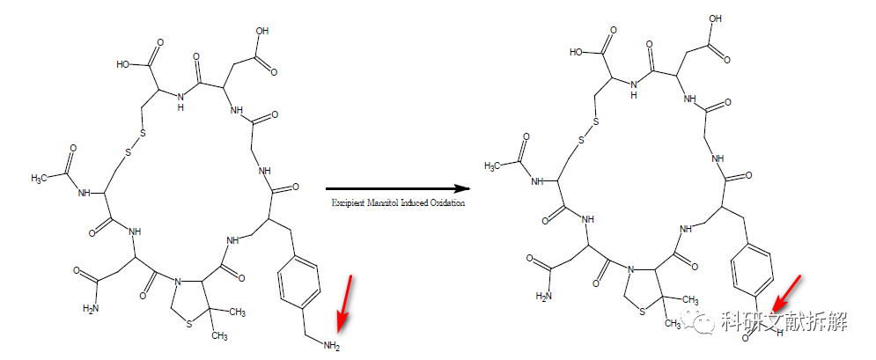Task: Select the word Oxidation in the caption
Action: click(444, 202)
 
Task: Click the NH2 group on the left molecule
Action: click(331, 346)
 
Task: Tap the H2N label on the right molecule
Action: click(546, 297)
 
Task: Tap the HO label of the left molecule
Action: click(124, 63)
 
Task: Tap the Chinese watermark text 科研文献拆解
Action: click(783, 321)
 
